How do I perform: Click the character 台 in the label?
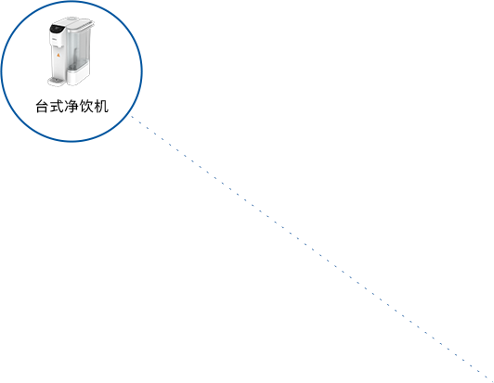point(43,107)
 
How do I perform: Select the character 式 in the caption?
point(57,107)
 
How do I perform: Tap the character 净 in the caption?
point(71,107)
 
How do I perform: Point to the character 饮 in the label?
point(86,107)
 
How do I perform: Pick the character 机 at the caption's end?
point(101,107)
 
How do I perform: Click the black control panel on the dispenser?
point(57,29)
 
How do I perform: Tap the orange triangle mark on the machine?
point(58,56)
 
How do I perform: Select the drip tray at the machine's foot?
point(56,82)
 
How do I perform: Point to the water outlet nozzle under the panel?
point(58,46)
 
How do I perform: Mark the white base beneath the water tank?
point(78,75)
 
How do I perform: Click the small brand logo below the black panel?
point(54,40)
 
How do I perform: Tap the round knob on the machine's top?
point(72,19)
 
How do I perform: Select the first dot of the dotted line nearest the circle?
point(132,117)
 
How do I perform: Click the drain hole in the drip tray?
point(57,81)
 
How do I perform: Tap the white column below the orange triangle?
point(58,68)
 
